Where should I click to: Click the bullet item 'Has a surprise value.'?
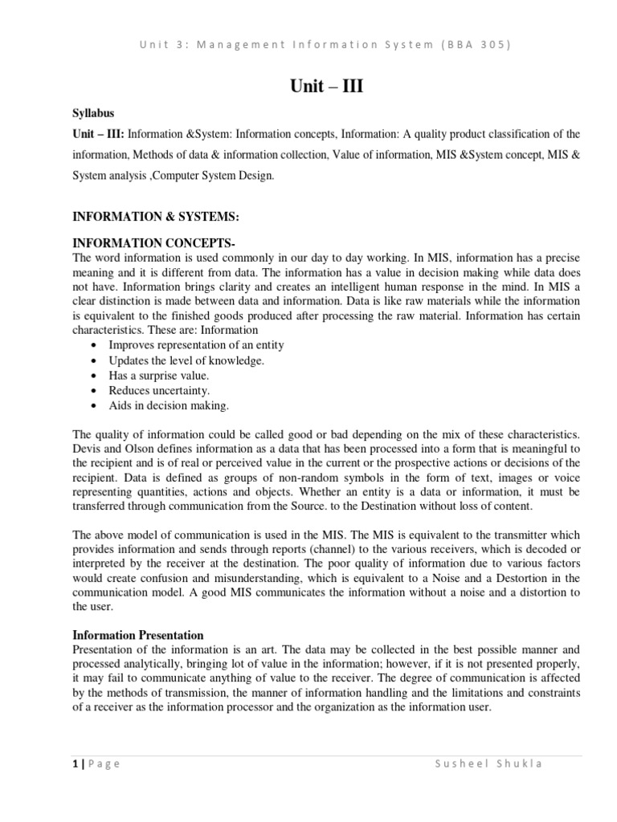[x=158, y=375]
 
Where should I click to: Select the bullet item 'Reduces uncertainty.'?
[x=159, y=390]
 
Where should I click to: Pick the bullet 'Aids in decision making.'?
[x=169, y=405]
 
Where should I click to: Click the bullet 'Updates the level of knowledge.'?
[x=186, y=360]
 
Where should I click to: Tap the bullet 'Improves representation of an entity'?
[x=196, y=344]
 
